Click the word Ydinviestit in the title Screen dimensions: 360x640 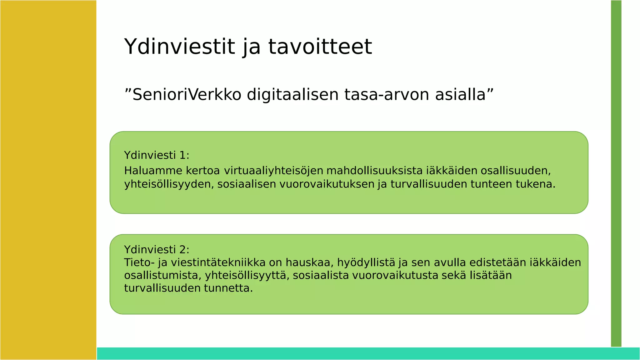point(179,47)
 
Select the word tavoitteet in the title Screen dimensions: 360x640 point(320,47)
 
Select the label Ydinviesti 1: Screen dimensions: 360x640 point(157,155)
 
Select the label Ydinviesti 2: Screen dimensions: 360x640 point(157,249)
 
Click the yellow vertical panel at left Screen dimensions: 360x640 point(48,180)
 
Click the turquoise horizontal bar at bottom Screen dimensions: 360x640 point(368,353)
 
